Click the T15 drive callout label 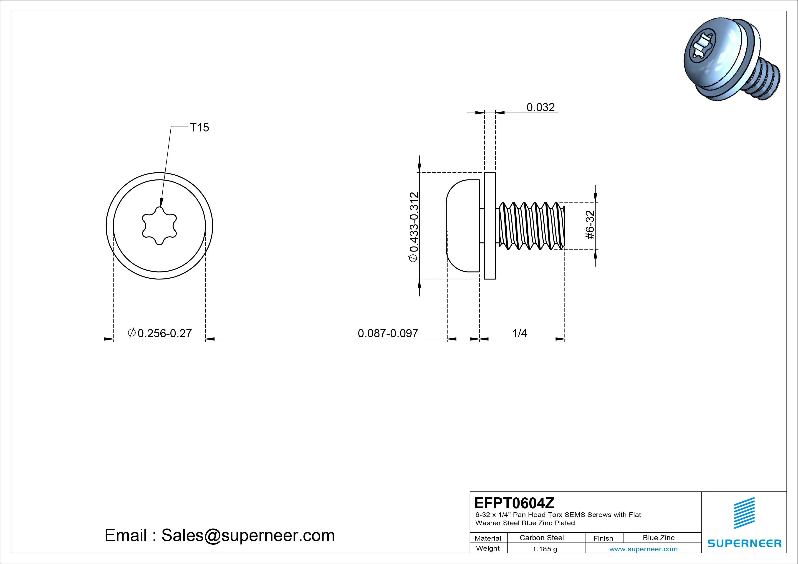(x=199, y=128)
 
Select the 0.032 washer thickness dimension (x=540, y=107)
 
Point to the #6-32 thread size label (x=590, y=225)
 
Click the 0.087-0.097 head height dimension (x=388, y=333)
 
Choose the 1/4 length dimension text (x=519, y=333)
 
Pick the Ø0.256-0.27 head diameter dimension (x=160, y=333)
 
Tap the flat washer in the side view (x=490, y=226)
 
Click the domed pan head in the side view (x=462, y=226)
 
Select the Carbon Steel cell (x=541, y=538)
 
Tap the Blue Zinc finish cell (x=659, y=538)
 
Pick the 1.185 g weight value (x=545, y=549)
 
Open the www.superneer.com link (x=643, y=549)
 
